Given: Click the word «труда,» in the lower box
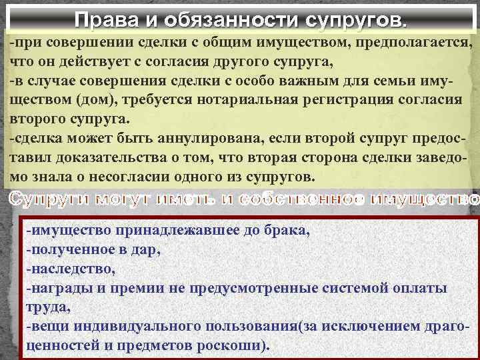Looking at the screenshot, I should (x=45, y=307).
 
